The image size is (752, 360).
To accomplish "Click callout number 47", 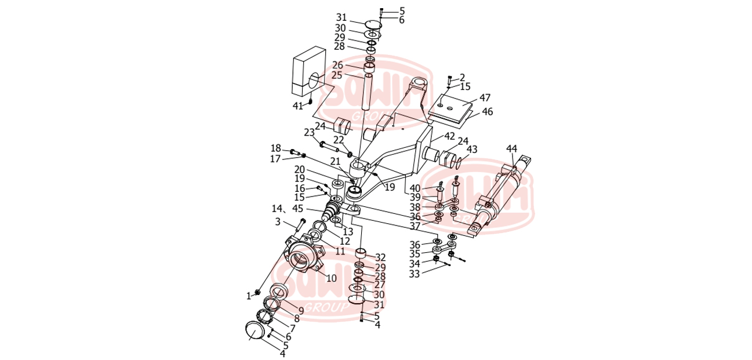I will coord(485,98).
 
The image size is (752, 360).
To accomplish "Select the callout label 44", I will coord(511,148).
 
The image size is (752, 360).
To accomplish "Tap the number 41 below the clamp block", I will coord(297,106).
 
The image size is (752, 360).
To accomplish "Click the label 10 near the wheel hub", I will coord(331,278).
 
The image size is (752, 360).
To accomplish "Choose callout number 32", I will coord(380,257).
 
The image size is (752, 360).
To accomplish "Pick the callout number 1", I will coord(249,296).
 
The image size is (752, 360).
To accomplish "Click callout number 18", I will coord(276,148).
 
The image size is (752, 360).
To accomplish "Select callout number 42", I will coord(450,136).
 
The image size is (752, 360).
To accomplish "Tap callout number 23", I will coord(309,132).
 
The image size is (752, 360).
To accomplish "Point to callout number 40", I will coord(415,188).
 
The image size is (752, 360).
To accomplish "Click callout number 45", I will coord(314,209).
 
